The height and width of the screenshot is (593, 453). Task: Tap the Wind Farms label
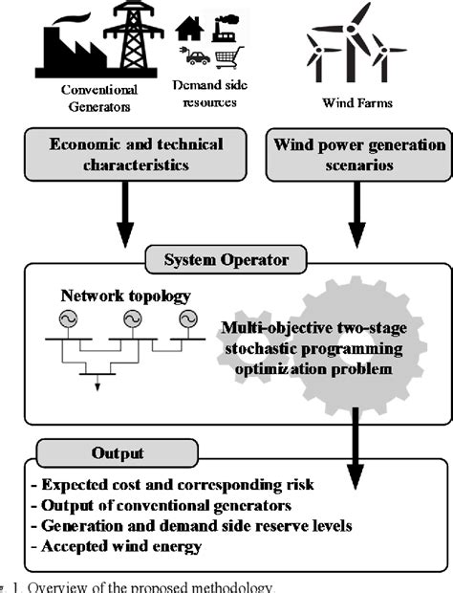point(355,99)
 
